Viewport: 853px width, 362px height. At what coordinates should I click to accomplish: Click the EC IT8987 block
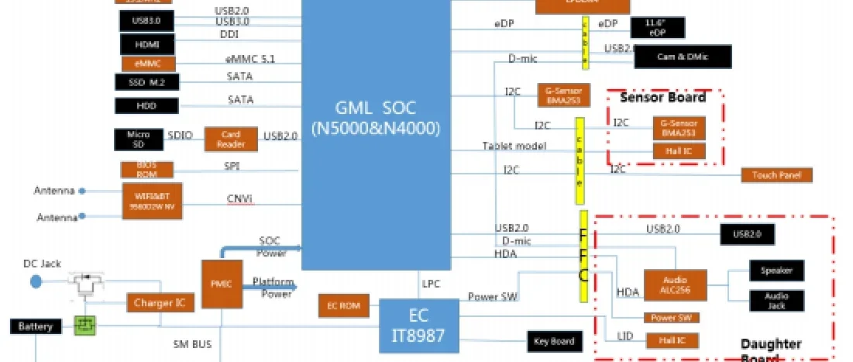(419, 325)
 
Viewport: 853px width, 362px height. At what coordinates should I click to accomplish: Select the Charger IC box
(160, 303)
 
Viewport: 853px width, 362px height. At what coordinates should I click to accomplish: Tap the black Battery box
(36, 326)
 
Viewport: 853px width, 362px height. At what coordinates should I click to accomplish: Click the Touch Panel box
(776, 175)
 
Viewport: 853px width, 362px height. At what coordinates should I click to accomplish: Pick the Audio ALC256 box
(675, 284)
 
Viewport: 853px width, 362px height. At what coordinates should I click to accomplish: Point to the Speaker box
(776, 271)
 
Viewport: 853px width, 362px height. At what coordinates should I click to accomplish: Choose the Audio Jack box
(776, 301)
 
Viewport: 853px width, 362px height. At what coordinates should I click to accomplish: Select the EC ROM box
(345, 306)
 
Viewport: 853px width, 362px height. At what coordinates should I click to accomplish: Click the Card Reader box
(230, 139)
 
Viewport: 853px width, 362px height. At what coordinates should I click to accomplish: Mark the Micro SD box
(138, 140)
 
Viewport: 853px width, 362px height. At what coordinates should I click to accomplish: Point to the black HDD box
(146, 105)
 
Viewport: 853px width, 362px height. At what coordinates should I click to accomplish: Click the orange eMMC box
(147, 64)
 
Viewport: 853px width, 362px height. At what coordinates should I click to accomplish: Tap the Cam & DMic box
(682, 57)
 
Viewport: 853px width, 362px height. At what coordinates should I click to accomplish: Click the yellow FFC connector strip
(583, 256)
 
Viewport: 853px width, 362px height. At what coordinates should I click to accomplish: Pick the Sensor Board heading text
(662, 98)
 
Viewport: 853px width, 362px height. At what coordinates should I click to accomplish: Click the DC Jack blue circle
(36, 281)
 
